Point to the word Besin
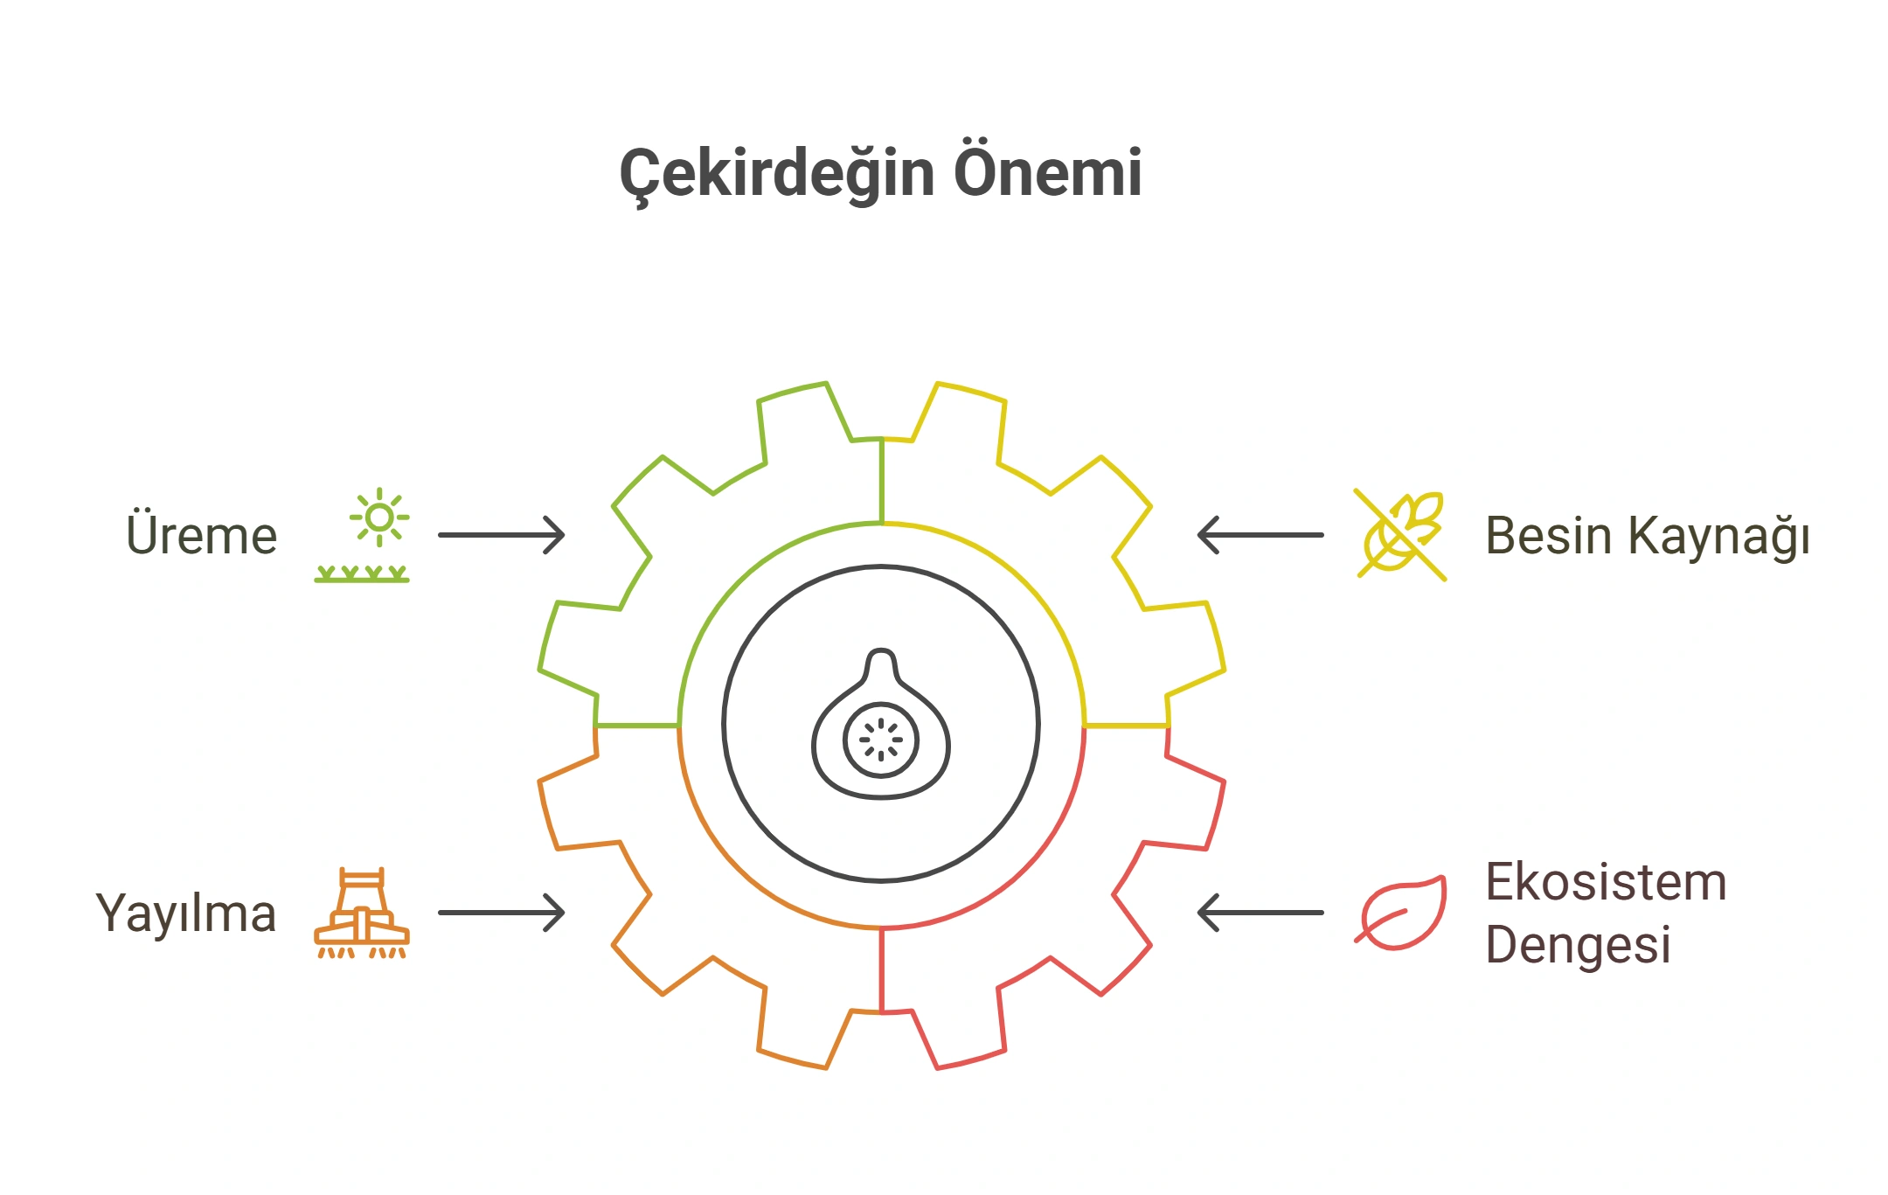tap(1548, 535)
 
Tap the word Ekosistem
tap(1607, 881)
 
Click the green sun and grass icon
tap(362, 535)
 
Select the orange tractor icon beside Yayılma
tap(362, 913)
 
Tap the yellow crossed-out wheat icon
tap(1400, 535)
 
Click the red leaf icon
tap(1400, 913)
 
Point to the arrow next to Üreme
tap(502, 535)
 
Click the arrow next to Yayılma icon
tap(502, 913)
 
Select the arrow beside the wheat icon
tap(1260, 535)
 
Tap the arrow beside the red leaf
tap(1260, 913)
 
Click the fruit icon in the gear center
tap(881, 724)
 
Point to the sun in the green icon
tap(379, 518)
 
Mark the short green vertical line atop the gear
tap(882, 481)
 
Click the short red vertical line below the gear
tap(882, 969)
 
